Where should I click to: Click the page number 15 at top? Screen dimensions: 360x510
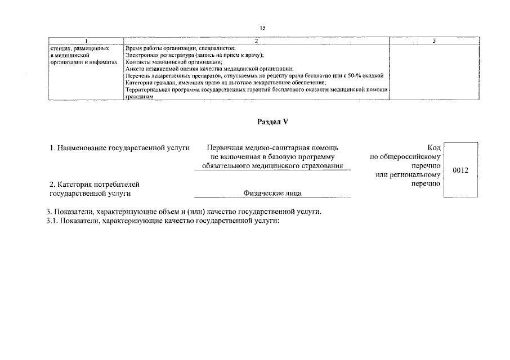(x=262, y=28)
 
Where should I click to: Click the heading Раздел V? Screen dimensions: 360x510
(x=272, y=121)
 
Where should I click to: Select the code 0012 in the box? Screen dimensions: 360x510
(x=460, y=170)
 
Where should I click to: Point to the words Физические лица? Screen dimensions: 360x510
(x=272, y=193)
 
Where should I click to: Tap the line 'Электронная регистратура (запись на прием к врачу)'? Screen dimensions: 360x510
(x=195, y=55)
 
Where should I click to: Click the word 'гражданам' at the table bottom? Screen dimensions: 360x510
(x=139, y=97)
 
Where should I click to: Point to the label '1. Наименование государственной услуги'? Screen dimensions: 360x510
(x=120, y=148)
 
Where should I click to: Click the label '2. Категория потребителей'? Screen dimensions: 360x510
(x=93, y=184)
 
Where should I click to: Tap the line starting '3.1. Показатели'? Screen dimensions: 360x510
(x=163, y=220)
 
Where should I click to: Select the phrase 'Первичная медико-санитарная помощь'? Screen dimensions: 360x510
(x=272, y=148)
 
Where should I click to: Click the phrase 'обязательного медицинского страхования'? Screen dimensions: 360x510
(x=272, y=165)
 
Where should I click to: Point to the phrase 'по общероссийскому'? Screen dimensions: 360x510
(x=405, y=157)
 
